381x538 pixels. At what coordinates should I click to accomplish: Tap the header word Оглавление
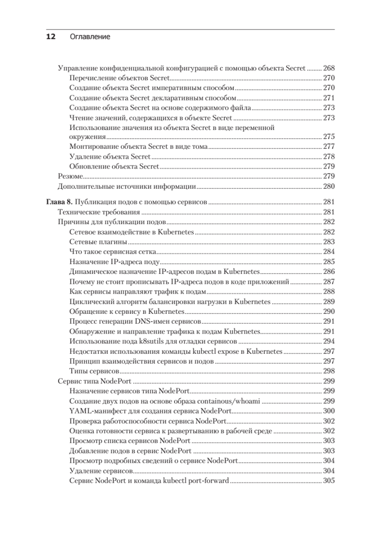(x=90, y=37)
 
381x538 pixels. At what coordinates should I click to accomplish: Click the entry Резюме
(x=70, y=176)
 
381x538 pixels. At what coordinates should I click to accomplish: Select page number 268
(x=329, y=69)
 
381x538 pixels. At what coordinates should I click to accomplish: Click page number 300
(x=329, y=411)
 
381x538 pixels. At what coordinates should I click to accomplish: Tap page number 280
(x=329, y=186)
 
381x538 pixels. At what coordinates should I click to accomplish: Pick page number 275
(x=329, y=137)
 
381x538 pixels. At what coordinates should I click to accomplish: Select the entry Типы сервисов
(x=94, y=371)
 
